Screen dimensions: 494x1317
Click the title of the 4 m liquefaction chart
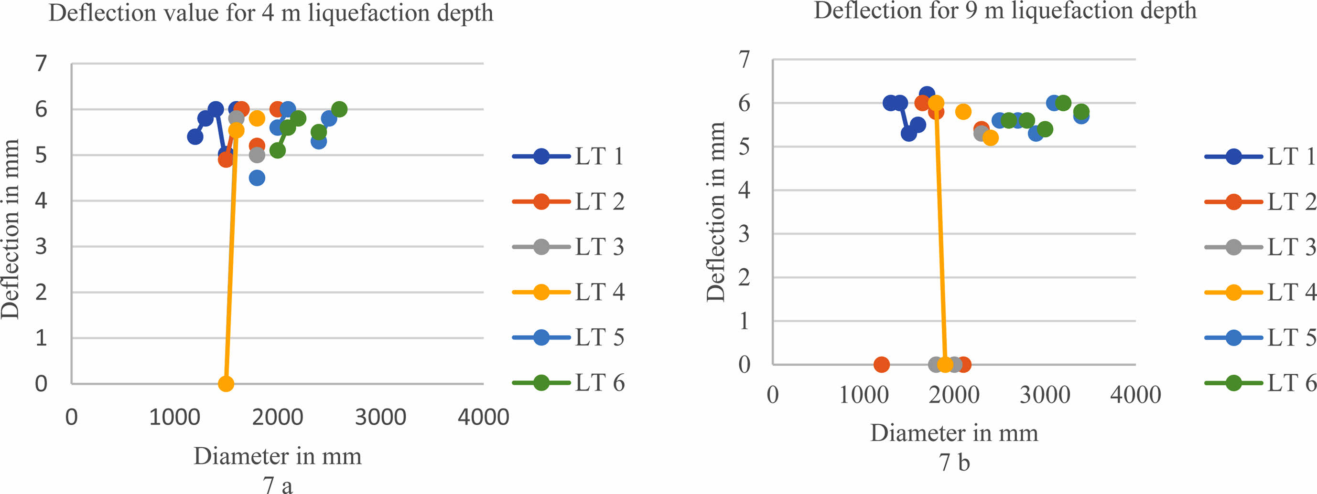[271, 13]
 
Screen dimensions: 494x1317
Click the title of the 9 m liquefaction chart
[1005, 10]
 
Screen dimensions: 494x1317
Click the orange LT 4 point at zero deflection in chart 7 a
[226, 383]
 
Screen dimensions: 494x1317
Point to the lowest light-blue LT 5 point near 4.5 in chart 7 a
[257, 178]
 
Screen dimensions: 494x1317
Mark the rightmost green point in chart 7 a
[339, 109]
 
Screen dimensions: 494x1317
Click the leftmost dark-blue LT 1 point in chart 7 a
[195, 137]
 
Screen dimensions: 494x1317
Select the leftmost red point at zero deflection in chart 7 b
[881, 364]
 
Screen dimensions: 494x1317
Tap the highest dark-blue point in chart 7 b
[927, 95]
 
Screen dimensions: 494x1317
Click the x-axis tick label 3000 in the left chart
[380, 417]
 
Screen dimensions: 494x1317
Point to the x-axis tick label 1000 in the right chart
[864, 395]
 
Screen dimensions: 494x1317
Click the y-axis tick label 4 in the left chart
[41, 200]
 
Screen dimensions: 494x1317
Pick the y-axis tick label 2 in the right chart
[745, 277]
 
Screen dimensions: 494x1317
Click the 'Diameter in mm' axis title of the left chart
[278, 456]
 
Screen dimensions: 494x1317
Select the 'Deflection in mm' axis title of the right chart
[716, 212]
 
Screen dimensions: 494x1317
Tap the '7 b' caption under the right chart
[954, 462]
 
